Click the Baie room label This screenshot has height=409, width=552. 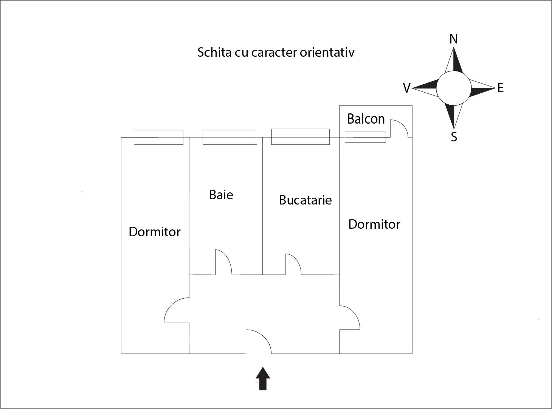(x=221, y=195)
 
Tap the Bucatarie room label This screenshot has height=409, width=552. (x=305, y=200)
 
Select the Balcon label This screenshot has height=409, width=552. (x=366, y=119)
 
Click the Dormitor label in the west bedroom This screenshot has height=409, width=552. (x=155, y=232)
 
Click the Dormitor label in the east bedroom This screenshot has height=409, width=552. (x=374, y=224)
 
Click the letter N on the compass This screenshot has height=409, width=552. (x=454, y=39)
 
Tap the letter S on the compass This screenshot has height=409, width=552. (x=454, y=137)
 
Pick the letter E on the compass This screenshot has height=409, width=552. (x=501, y=88)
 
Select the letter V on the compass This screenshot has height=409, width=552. (x=406, y=88)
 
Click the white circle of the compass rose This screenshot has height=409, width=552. (x=454, y=88)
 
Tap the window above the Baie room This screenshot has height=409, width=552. (x=229, y=137)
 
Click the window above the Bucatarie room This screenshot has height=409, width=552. (x=300, y=137)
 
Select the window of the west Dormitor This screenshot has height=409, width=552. (x=158, y=137)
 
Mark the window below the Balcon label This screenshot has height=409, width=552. (x=365, y=137)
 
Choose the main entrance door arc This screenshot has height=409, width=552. (x=261, y=338)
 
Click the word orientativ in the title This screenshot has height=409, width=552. (x=327, y=52)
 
